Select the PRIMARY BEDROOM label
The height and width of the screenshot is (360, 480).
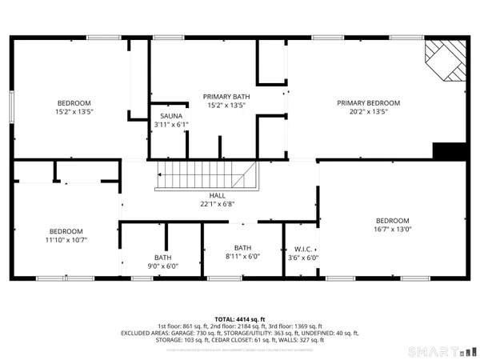[368, 103]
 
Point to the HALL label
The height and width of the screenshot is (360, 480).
[218, 195]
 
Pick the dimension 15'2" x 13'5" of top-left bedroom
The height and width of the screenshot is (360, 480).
[74, 113]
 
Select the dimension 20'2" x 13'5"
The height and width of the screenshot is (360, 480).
[368, 113]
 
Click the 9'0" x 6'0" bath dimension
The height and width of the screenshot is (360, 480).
[163, 266]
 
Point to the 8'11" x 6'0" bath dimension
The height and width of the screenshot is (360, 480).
[242, 257]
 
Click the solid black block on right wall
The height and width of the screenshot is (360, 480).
[448, 150]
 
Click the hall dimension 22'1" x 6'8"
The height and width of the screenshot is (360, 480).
[218, 205]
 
